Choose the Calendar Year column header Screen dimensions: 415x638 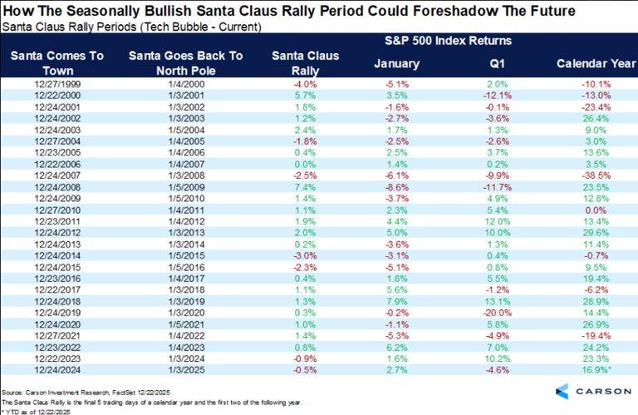(591, 62)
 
